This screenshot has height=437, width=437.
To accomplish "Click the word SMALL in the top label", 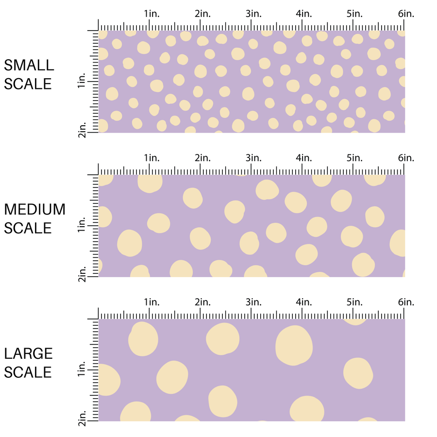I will [29, 65].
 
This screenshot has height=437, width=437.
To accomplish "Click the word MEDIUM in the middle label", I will [35, 209].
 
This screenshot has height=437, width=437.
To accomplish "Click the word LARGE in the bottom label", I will [29, 353].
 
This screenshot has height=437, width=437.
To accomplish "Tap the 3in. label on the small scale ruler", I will [254, 14].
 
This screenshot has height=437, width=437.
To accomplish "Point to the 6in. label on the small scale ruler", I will [406, 14].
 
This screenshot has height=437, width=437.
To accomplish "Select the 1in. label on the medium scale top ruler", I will [152, 158].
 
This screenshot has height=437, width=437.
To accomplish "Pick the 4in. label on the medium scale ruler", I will [304, 158].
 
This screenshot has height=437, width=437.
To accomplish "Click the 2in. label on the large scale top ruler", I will [203, 302].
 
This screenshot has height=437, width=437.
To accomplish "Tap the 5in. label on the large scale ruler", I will [355, 302].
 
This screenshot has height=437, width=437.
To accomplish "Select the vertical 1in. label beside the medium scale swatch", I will [82, 225].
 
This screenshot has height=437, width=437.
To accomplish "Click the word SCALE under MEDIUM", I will [28, 228].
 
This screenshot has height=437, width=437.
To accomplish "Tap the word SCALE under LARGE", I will [28, 372].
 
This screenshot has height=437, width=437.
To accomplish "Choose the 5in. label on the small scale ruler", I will [355, 14].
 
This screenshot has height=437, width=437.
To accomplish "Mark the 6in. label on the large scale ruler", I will [406, 302].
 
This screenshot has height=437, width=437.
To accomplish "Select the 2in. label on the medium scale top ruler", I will [203, 158].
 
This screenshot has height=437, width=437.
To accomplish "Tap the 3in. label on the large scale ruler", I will [254, 302].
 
